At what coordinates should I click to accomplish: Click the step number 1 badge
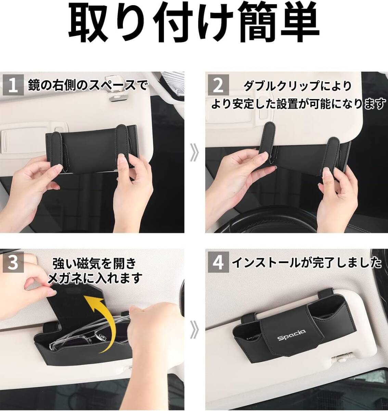point(13,85)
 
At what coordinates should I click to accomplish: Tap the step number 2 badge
point(218,85)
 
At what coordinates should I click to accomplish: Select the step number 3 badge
point(13,262)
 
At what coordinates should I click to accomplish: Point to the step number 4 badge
point(218,262)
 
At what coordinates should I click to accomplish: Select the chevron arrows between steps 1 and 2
point(194,152)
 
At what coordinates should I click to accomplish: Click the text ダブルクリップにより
point(298,86)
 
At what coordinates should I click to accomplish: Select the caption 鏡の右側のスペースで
point(88,85)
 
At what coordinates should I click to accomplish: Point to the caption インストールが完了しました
point(307,263)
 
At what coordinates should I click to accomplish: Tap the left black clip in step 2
point(268,143)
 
